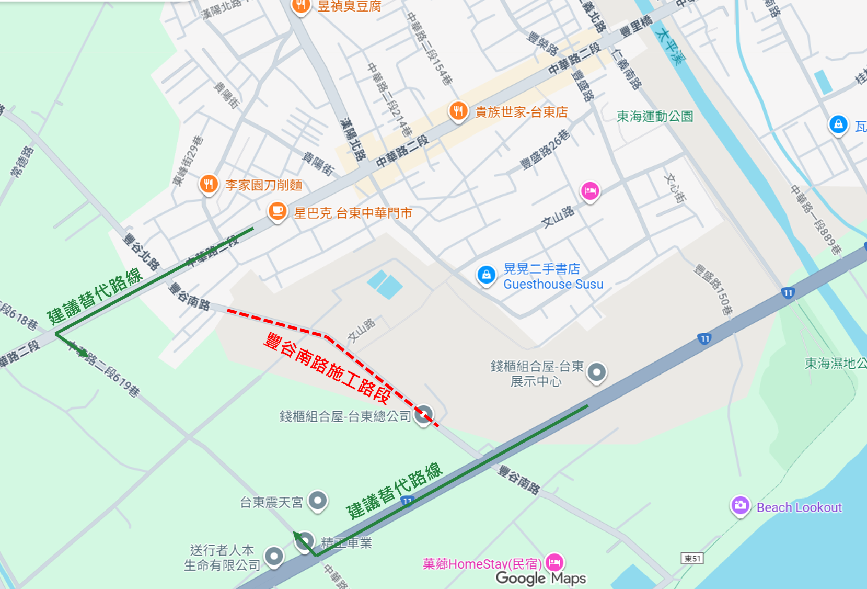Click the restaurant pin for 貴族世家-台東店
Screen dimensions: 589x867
458,111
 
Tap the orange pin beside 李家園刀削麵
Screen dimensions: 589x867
209,184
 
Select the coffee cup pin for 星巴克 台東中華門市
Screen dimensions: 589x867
277,212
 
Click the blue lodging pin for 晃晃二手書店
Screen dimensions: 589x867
486,275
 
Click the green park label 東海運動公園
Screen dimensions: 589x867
655,116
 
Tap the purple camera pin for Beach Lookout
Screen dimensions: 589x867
740,506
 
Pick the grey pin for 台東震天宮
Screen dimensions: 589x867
317,501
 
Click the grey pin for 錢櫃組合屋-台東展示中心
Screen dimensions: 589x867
596,372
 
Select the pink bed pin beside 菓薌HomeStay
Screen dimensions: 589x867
554,563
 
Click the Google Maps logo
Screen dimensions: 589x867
541,578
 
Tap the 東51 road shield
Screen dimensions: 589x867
692,559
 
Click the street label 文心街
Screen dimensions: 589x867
675,188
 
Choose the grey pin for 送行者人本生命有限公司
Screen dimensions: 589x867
274,557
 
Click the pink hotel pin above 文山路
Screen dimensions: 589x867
590,191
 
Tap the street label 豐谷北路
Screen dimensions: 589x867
141,252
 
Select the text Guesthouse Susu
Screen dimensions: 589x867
553,284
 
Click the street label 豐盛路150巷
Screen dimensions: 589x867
713,290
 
